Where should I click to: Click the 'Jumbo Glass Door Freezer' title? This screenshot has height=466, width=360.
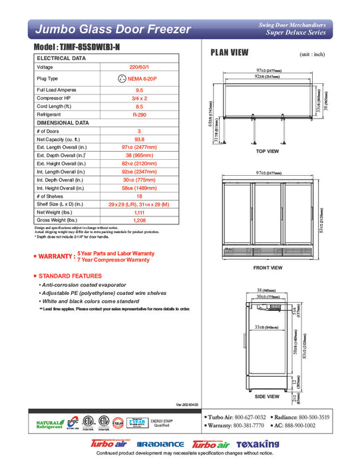click(x=112, y=29)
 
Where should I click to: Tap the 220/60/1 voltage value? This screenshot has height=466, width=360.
click(x=139, y=67)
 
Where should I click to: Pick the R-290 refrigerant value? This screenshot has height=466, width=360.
click(x=139, y=114)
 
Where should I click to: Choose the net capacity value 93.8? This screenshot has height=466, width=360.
click(x=139, y=139)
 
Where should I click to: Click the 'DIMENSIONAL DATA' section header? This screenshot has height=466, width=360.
click(x=63, y=122)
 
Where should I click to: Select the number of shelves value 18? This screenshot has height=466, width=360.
click(x=139, y=196)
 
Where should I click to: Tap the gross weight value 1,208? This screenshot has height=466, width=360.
click(x=139, y=220)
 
